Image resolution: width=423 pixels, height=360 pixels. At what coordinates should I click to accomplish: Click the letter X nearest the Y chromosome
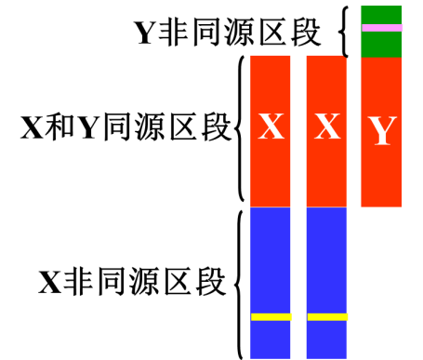pos(326,127)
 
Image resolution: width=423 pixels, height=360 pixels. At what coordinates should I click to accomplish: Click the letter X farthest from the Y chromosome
pos(271,127)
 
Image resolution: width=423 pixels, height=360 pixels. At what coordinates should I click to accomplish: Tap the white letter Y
pos(381,132)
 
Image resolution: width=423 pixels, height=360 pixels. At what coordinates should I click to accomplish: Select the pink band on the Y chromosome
pos(382,28)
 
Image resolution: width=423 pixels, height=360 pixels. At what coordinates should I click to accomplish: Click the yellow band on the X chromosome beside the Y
pos(327,317)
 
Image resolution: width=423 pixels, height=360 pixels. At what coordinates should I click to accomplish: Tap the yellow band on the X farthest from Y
pos(271,317)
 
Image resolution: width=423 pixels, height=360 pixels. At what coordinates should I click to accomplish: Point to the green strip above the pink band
pos(381,14)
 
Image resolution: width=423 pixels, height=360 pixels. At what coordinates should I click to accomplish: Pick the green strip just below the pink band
pos(381,44)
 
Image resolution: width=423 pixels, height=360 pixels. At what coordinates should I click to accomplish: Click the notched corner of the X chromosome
pos(343,58)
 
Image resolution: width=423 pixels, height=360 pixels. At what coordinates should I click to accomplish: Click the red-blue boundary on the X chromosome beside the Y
pos(326,207)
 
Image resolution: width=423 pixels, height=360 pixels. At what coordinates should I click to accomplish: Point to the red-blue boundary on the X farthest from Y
pos(271,207)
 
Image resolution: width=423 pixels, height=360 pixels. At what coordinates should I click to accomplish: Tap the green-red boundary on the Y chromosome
pos(381,58)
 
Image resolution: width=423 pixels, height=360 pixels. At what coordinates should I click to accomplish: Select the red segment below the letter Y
pos(381,179)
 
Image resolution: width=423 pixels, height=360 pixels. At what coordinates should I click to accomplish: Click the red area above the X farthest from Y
pos(271,82)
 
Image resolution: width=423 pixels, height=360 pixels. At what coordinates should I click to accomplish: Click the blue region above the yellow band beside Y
pos(326,260)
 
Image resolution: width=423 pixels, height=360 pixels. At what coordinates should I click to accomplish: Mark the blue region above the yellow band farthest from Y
pos(271,260)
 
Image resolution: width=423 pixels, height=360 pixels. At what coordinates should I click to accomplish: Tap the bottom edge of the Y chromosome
pos(381,206)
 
